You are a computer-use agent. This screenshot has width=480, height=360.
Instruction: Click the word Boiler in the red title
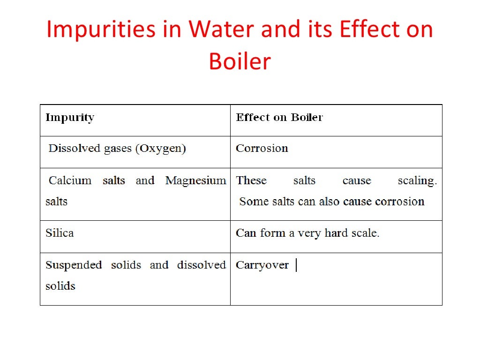click(240, 61)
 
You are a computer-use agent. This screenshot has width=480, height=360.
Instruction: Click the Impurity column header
click(70, 117)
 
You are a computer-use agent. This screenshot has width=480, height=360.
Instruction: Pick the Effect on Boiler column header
click(279, 117)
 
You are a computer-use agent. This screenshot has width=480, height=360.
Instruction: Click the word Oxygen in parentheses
click(160, 149)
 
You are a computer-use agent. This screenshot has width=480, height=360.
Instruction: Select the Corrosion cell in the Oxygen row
click(262, 149)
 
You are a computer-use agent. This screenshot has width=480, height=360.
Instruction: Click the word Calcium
click(70, 180)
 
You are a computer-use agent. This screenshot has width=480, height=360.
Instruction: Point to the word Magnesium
click(196, 180)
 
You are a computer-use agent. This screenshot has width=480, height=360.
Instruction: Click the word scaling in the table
click(417, 181)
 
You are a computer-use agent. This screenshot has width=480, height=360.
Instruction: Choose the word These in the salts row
click(251, 180)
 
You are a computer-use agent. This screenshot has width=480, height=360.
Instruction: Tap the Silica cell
click(60, 233)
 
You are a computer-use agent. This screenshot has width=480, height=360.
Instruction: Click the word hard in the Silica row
click(336, 233)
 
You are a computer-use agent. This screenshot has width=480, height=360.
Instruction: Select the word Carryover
click(262, 265)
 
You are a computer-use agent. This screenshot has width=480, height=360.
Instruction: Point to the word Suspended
click(74, 265)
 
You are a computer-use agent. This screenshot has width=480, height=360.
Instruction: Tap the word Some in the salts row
click(253, 202)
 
